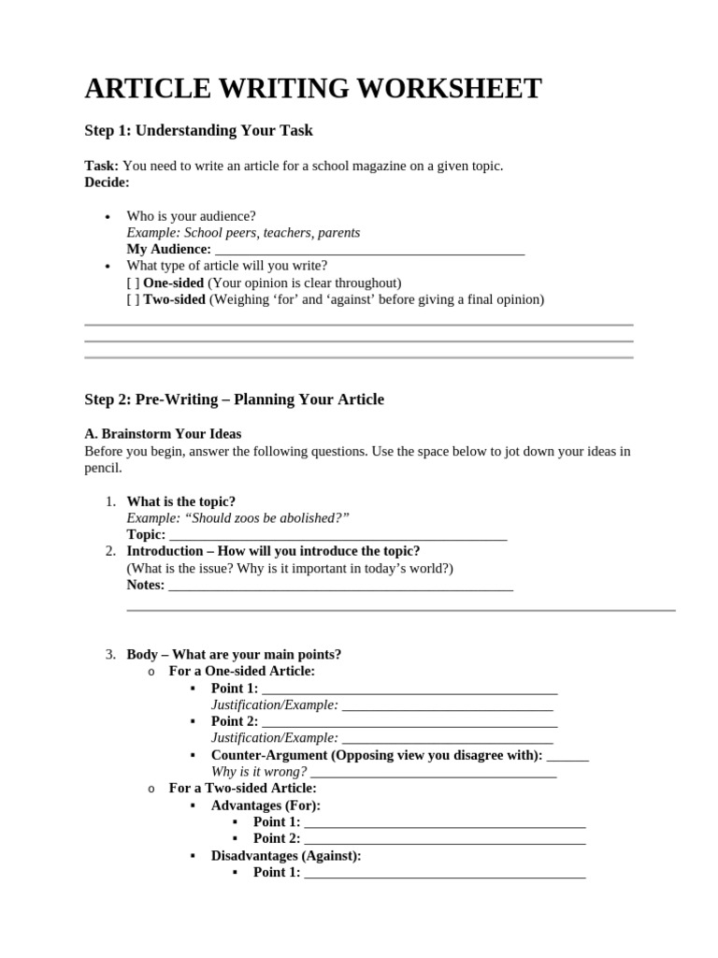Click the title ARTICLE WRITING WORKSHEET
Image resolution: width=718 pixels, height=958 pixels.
click(313, 89)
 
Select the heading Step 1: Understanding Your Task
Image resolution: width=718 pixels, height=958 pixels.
click(198, 131)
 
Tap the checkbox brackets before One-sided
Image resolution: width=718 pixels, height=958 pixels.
click(133, 283)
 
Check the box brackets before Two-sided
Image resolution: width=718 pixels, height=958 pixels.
click(133, 299)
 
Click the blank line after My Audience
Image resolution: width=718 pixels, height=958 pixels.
click(369, 250)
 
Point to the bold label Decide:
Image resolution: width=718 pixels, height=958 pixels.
click(107, 182)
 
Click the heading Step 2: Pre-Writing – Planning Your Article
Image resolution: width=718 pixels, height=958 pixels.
click(234, 399)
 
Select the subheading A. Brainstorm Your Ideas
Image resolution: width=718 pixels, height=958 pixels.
click(163, 434)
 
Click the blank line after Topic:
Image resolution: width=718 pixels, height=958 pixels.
click(337, 535)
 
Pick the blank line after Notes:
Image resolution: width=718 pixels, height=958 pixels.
click(340, 586)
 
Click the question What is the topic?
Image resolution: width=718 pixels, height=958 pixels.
click(181, 501)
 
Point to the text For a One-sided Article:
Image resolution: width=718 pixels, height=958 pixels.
click(241, 671)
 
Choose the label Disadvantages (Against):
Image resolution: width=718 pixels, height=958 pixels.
click(286, 856)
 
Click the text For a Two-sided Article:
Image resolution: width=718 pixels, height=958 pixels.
click(242, 789)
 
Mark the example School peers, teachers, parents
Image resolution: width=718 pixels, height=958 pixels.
click(243, 233)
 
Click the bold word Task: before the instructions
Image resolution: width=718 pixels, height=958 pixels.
click(102, 166)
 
